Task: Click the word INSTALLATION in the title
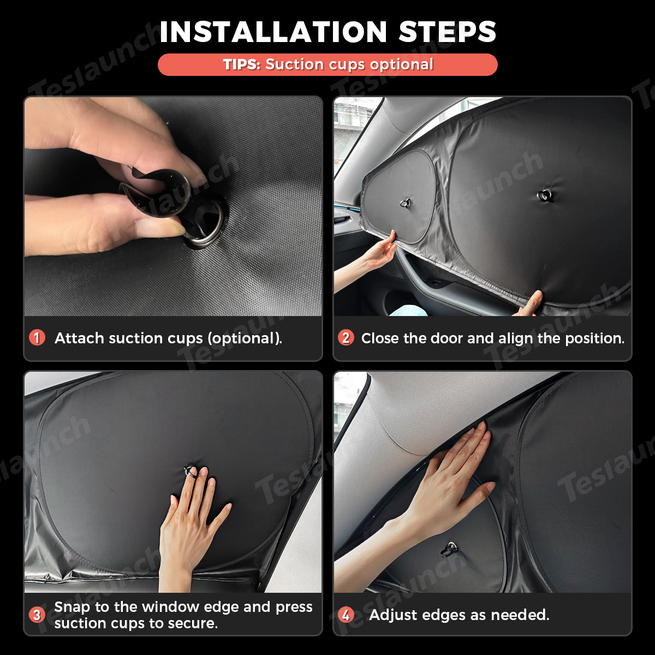click(x=273, y=32)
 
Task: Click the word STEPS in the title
click(x=448, y=32)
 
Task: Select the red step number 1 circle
click(x=37, y=338)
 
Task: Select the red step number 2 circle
click(x=346, y=338)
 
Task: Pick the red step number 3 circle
click(x=37, y=615)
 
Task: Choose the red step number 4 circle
click(x=346, y=615)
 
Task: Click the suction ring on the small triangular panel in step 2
click(x=404, y=203)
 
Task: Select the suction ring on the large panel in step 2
click(x=545, y=195)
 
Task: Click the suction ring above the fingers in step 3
click(x=189, y=471)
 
